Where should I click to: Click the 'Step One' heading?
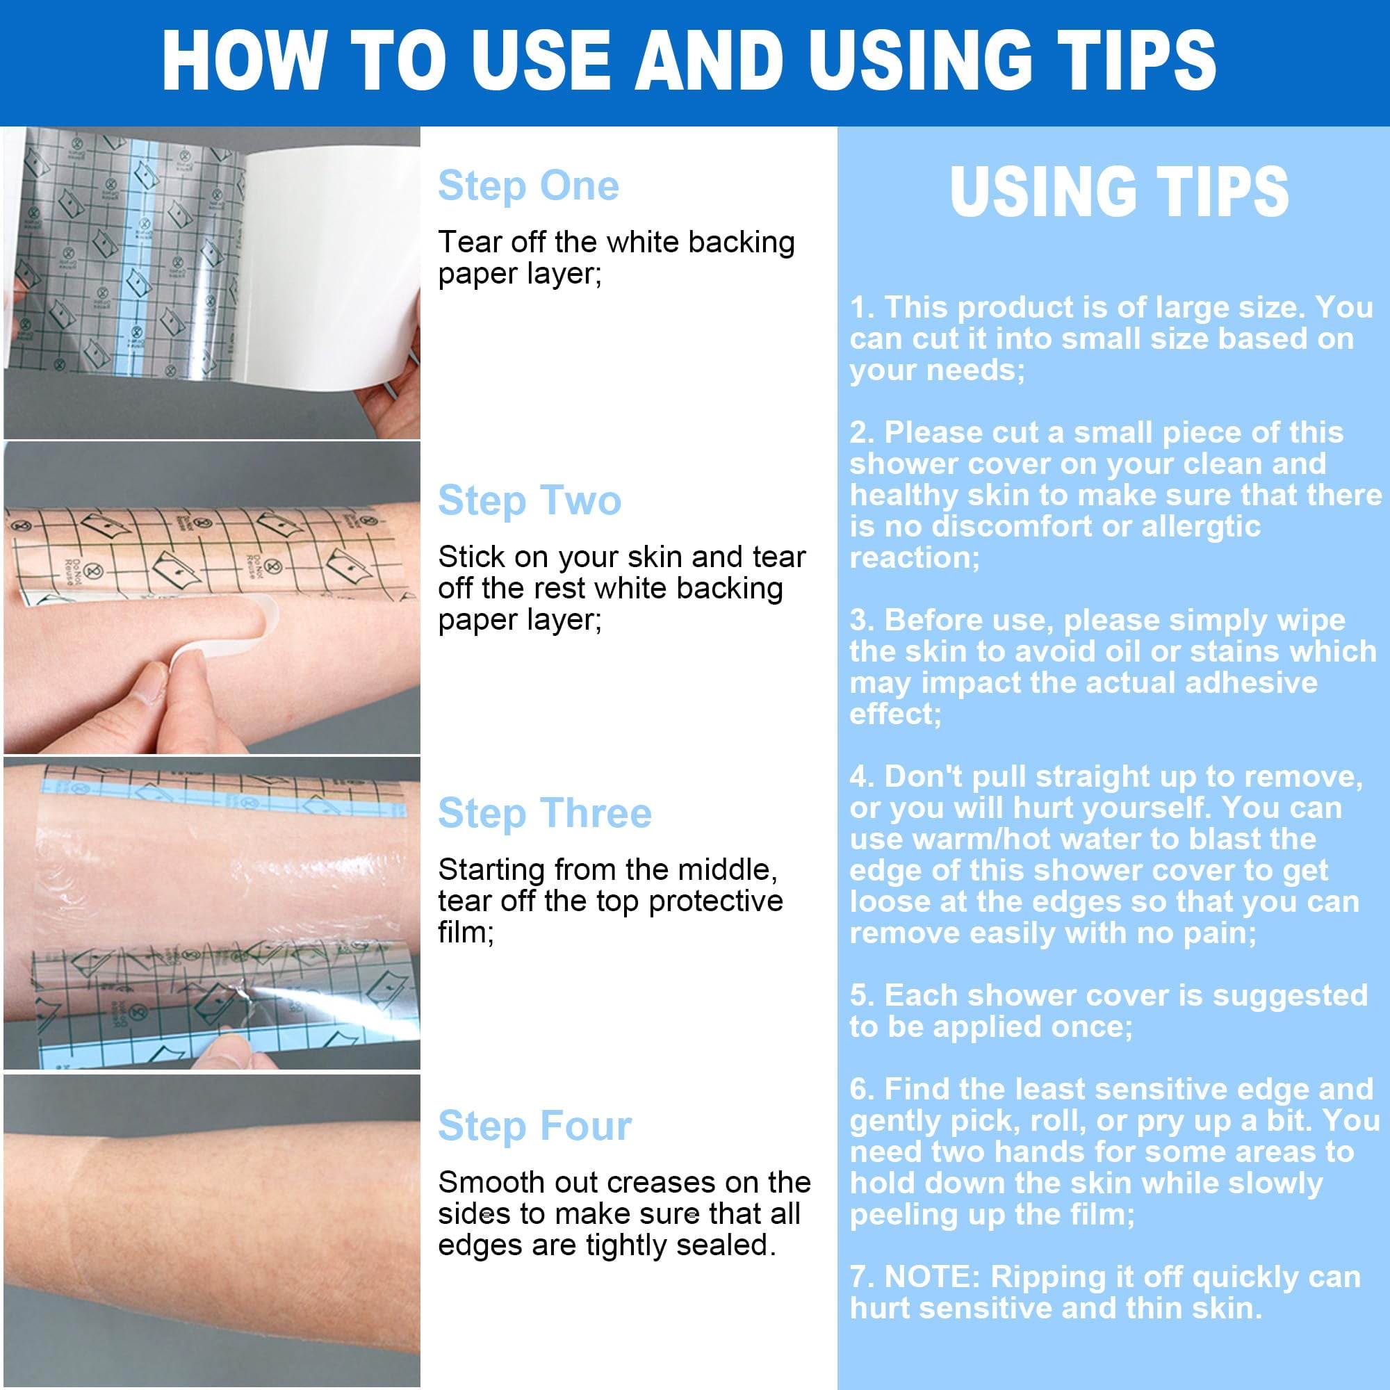[528, 186]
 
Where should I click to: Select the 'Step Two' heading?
[530, 500]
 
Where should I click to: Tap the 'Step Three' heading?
[545, 813]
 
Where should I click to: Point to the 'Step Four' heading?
[534, 1126]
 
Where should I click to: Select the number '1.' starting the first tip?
[862, 307]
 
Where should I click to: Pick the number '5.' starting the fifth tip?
[862, 996]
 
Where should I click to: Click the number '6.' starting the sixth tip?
[862, 1089]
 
